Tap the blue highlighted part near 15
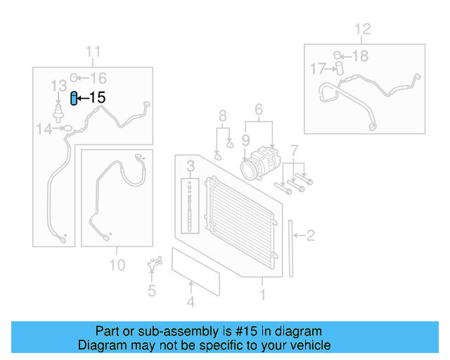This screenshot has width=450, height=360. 74,98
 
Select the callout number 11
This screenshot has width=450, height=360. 93,51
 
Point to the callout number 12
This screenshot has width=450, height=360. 361,30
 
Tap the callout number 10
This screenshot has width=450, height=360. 117,264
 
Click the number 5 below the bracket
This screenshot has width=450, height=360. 151,290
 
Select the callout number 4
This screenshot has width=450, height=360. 190,303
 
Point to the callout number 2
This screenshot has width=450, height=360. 310,236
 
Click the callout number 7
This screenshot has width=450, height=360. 294,150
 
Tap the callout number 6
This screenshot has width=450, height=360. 258,110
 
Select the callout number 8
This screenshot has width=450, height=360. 222,115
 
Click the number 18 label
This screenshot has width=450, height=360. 359,56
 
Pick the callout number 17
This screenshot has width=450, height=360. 318,68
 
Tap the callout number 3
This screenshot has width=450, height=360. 190,167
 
